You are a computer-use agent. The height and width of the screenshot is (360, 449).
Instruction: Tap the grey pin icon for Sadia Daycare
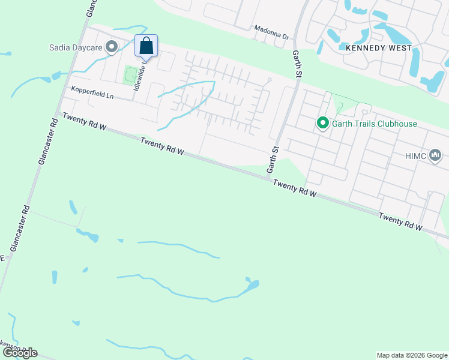(x=112, y=46)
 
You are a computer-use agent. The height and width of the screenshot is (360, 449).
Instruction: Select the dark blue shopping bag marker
(x=146, y=46)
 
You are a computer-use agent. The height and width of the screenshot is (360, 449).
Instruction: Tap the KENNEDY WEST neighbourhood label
(x=378, y=47)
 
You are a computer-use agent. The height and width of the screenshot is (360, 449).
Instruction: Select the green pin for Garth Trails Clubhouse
(x=322, y=123)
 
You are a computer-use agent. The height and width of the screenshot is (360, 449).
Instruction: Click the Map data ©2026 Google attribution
(x=412, y=355)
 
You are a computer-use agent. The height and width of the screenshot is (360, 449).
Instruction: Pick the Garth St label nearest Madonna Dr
(x=297, y=64)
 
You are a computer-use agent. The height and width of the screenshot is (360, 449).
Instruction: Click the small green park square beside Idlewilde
(x=130, y=75)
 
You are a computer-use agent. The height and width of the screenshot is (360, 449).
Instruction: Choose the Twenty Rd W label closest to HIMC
(x=401, y=222)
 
